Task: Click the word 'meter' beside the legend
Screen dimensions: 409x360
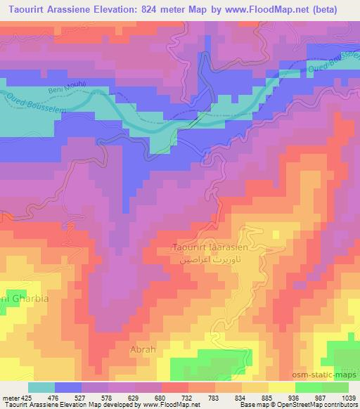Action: [x=10, y=397]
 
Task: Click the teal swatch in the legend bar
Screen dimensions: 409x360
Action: [x=41, y=387]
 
